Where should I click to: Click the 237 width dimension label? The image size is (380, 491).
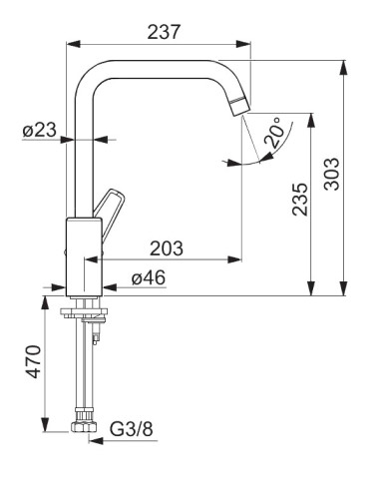coord(164,32)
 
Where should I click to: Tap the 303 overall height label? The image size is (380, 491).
coord(332,174)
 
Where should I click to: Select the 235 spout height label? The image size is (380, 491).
coord(300,199)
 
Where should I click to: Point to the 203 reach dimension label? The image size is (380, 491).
coord(167,248)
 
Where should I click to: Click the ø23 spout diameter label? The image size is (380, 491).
coord(40,130)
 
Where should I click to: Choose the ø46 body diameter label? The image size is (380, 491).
coord(149,277)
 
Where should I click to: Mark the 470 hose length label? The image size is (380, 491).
coord(34,361)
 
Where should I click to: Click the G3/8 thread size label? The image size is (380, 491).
coord(132,429)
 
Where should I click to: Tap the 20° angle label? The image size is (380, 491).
coord(275,132)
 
